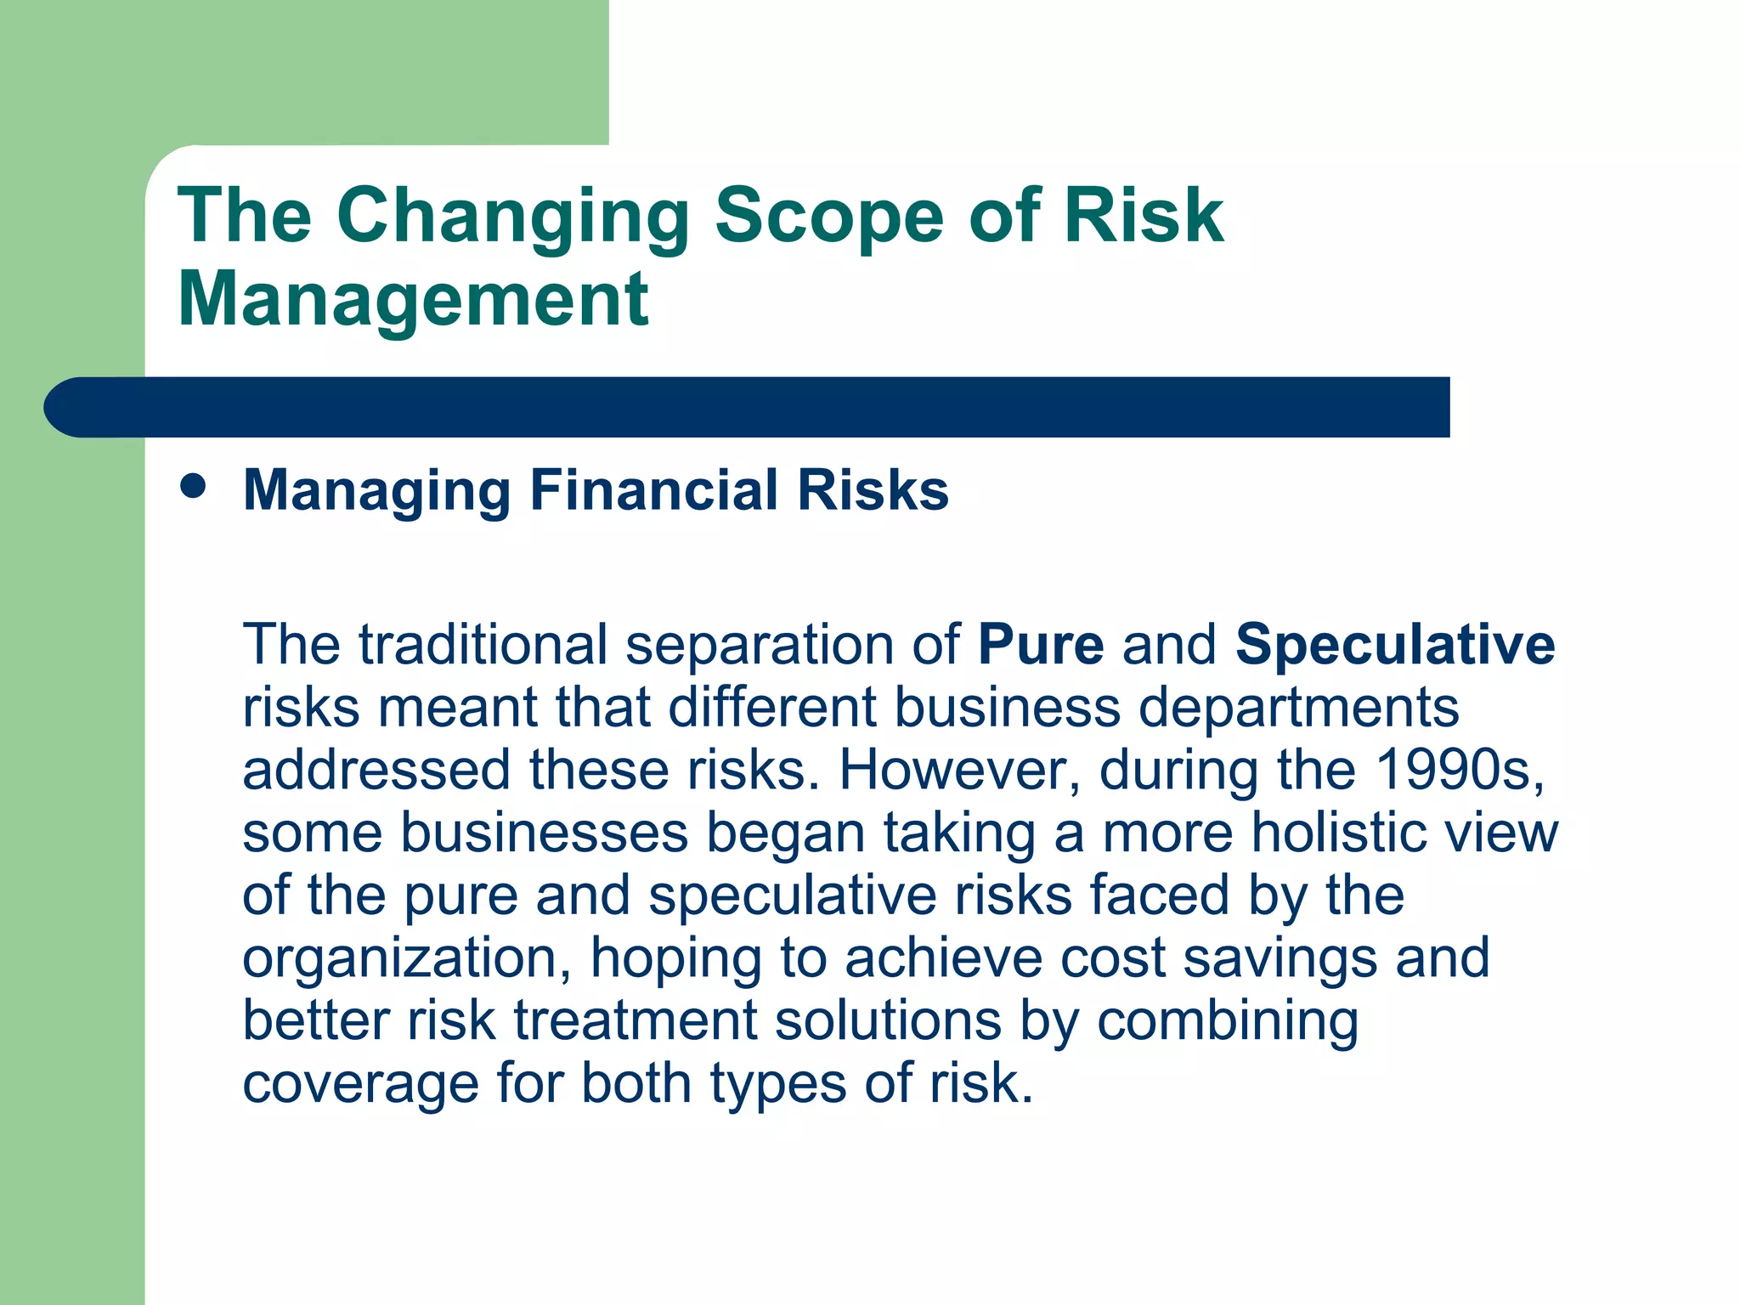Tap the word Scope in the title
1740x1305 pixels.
[828, 217]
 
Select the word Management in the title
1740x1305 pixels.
[413, 299]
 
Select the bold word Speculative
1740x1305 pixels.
[1394, 645]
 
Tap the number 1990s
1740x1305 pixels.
[1459, 770]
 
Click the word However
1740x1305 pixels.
[959, 770]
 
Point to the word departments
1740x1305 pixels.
[1297, 708]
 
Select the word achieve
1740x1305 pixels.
[942, 958]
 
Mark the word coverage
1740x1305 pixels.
[360, 1085]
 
